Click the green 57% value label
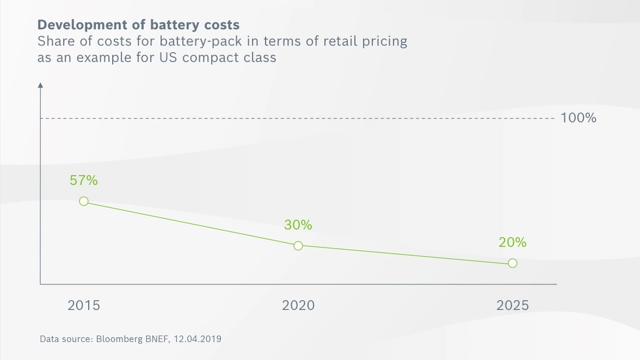click(84, 180)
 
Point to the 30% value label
click(298, 225)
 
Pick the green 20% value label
click(513, 242)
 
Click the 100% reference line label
click(579, 118)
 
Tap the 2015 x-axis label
click(84, 306)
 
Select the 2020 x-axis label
click(298, 306)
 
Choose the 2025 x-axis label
click(513, 306)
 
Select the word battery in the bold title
click(174, 25)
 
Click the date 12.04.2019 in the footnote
click(198, 339)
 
